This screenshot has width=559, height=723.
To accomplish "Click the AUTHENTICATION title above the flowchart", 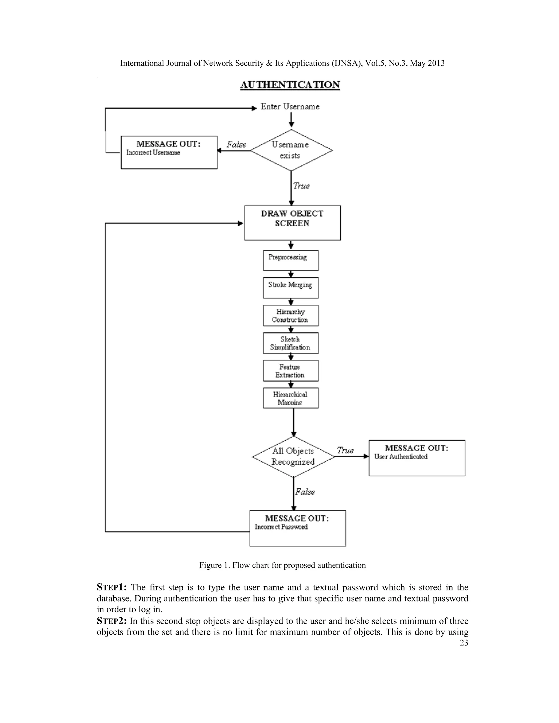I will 290,85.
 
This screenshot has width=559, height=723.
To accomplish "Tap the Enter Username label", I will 290,107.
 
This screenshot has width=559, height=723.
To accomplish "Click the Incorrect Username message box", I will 169,152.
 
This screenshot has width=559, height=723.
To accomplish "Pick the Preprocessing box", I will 290,260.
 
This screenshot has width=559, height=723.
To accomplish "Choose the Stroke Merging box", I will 290,288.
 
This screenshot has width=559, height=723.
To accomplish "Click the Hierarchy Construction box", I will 290,315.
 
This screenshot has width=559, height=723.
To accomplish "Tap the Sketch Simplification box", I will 290,343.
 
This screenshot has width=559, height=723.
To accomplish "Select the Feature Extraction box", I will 290,371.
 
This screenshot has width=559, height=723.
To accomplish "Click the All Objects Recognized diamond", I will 293,456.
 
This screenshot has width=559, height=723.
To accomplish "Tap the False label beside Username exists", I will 236,145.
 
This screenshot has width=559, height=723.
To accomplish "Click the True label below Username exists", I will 301,186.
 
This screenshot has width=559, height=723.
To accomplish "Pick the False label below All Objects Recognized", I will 305,492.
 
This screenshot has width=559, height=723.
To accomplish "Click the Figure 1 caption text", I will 282,565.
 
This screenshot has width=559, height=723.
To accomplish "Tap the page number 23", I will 464,643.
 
